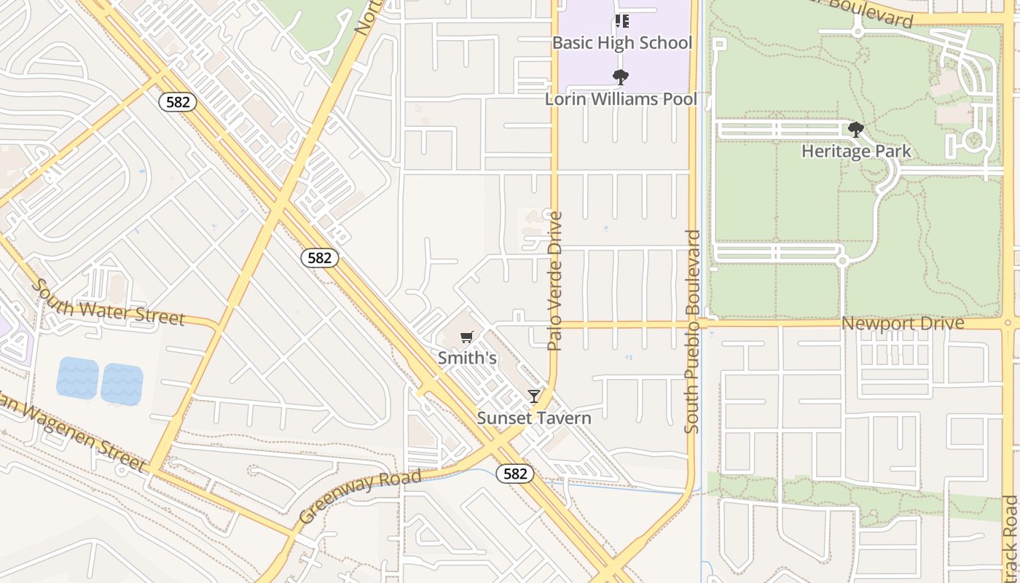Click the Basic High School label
click(621, 42)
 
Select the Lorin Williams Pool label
click(621, 99)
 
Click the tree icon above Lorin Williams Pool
click(621, 77)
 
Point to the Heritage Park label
click(856, 152)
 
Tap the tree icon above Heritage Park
click(856, 130)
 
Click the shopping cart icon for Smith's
click(467, 337)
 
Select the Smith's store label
click(467, 358)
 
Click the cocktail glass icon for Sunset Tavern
click(534, 396)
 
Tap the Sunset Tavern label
click(534, 418)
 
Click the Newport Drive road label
click(903, 323)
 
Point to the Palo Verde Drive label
click(555, 281)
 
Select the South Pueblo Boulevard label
click(692, 332)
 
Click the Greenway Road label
click(360, 497)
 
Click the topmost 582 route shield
click(178, 102)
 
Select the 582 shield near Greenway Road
click(515, 474)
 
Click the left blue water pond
click(77, 378)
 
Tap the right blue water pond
click(122, 384)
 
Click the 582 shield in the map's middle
click(319, 257)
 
